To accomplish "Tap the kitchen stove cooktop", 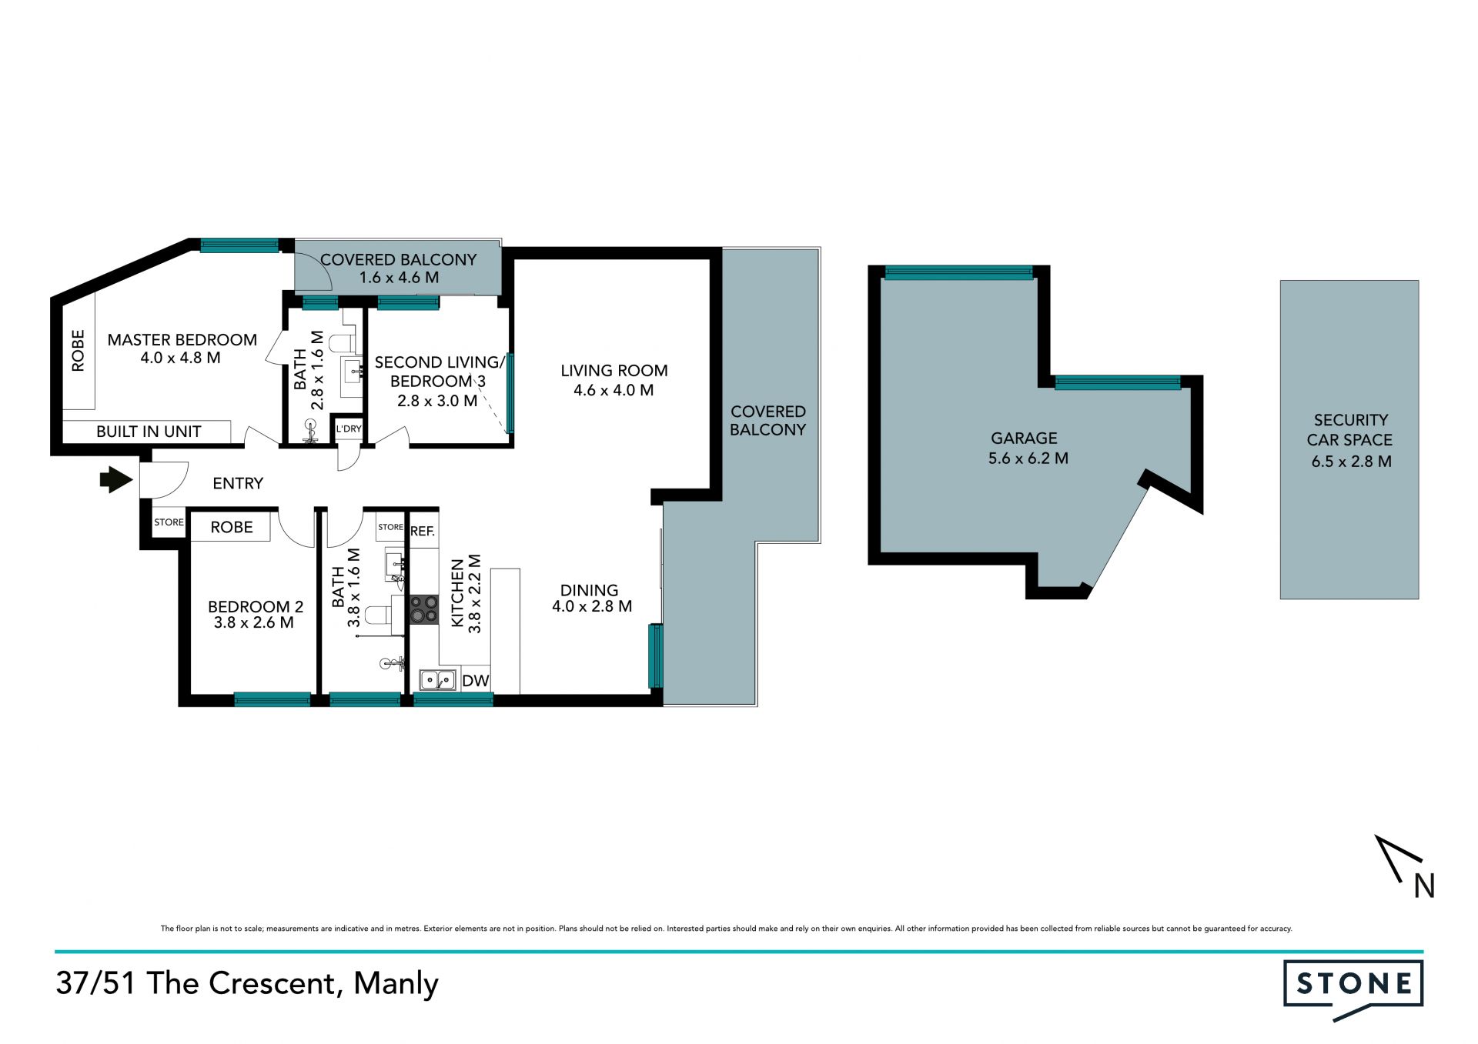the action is pos(423,609).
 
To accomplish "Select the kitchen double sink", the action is pos(437,680).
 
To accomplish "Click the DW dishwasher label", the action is pos(476,681).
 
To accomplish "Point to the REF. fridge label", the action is pos(423,531).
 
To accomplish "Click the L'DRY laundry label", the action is pos(349,429).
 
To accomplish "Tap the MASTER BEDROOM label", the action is pos(182,340).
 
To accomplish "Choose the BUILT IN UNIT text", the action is pos(149,432).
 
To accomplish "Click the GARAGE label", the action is pos(1024,438).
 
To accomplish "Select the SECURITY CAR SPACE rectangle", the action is pos(1349,439).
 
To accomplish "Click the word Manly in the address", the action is pos(396,983).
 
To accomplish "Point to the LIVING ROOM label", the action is pos(614,371).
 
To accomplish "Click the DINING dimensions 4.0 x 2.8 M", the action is pos(592,606).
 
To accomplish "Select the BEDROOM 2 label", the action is pos(256,606).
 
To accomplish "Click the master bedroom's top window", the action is pos(239,245).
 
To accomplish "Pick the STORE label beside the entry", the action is pos(169,522).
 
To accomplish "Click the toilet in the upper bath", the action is pos(343,342).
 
